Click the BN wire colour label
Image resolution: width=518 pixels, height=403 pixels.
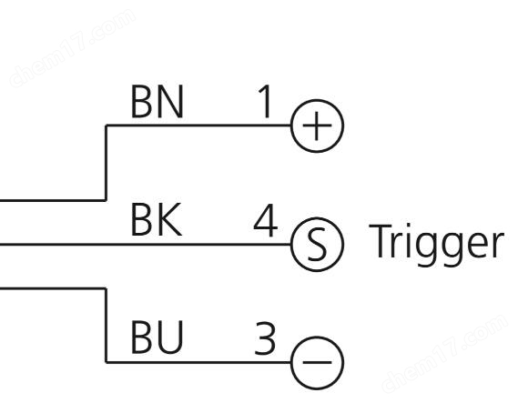pyautogui.click(x=157, y=101)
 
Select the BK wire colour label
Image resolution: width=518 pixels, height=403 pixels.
pyautogui.click(x=157, y=219)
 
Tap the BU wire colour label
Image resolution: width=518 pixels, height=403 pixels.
pyautogui.click(x=157, y=337)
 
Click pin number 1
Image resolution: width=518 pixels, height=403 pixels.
pyautogui.click(x=265, y=101)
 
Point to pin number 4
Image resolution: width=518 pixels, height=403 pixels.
pyautogui.click(x=265, y=220)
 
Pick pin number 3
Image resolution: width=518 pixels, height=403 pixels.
pyautogui.click(x=265, y=338)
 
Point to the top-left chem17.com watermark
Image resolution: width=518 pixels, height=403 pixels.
pyautogui.click(x=72, y=48)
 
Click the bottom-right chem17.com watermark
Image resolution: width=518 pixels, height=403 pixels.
pyautogui.click(x=444, y=354)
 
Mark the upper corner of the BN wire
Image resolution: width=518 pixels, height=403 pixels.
pyautogui.click(x=106, y=126)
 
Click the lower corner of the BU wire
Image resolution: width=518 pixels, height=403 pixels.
pyautogui.click(x=106, y=362)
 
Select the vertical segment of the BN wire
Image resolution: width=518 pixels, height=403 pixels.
pyautogui.click(x=106, y=163)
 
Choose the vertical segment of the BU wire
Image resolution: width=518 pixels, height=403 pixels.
pyautogui.click(x=106, y=325)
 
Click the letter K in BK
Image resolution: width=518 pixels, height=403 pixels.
pyautogui.click(x=170, y=219)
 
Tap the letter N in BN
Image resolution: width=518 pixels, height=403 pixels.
pyautogui.click(x=170, y=101)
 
